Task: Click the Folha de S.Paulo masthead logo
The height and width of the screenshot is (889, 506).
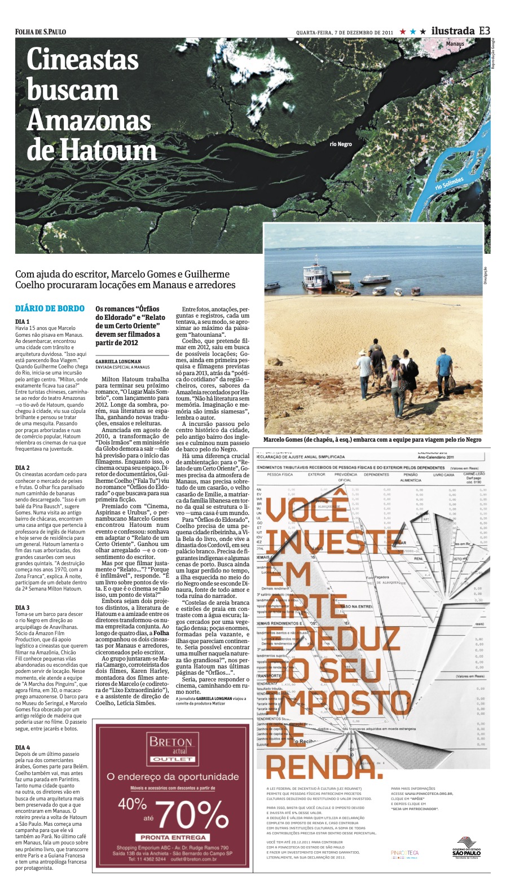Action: pos(41,32)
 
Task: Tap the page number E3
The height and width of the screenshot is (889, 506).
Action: pos(484,31)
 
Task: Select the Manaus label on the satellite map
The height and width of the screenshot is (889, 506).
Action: pos(455,43)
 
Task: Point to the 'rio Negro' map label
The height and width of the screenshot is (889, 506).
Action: pos(341,144)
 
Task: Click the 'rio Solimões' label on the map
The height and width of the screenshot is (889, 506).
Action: pos(449,183)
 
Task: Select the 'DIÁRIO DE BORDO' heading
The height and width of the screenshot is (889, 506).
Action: pos(50,309)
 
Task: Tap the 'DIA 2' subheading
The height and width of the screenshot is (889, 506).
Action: pos(23,468)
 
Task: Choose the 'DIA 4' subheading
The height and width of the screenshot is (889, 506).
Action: pos(23,747)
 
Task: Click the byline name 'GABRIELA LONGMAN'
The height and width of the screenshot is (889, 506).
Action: pos(118,361)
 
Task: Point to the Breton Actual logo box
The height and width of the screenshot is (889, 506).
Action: pos(171,747)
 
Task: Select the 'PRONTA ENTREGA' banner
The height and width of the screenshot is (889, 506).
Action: pos(173,838)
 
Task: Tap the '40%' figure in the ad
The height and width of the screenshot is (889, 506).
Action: pos(133,803)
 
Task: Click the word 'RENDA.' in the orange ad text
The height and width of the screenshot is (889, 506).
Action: pos(323,767)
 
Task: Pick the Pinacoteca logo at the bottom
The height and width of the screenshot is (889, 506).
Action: pos(404,853)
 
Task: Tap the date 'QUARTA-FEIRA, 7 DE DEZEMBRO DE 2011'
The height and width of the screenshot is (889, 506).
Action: pos(344,33)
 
